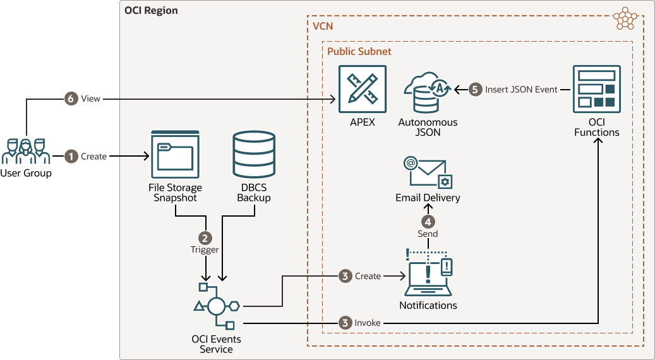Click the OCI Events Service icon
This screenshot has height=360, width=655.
coord(216,307)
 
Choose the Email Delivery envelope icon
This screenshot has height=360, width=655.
coord(428,172)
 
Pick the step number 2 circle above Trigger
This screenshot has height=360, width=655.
coord(205,238)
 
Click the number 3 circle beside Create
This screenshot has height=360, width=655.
coord(345,276)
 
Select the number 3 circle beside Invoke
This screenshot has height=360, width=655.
coord(345,323)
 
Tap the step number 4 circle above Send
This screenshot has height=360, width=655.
coord(428,222)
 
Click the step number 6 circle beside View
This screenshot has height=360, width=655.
coord(71,99)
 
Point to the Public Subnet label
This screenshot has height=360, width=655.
coord(359,51)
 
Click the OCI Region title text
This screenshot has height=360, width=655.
coord(152,11)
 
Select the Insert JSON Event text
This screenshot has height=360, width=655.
coord(521,90)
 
